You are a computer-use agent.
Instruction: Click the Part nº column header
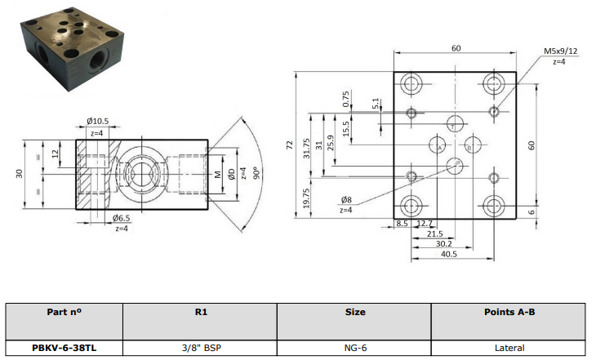(64, 312)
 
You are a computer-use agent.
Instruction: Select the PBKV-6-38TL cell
(64, 348)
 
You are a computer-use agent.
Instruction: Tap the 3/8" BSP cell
(202, 348)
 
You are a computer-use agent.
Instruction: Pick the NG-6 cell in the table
(355, 348)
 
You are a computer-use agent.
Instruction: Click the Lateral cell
(509, 348)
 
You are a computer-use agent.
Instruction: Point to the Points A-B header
(509, 312)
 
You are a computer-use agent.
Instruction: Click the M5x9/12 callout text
(560, 51)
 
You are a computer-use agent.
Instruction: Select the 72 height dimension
(290, 144)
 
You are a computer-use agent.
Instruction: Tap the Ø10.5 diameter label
(97, 122)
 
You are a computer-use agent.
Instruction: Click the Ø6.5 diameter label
(122, 218)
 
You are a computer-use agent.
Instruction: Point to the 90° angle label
(257, 173)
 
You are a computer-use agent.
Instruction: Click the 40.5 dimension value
(448, 254)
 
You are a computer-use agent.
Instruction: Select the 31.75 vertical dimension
(307, 149)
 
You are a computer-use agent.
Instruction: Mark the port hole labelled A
(438, 144)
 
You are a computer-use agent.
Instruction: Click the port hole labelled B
(473, 144)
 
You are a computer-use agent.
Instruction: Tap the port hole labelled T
(455, 124)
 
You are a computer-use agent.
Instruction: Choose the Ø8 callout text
(346, 199)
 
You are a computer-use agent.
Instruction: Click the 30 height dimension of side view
(20, 174)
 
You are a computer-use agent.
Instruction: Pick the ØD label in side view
(232, 174)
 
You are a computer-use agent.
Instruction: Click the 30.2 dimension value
(443, 244)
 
